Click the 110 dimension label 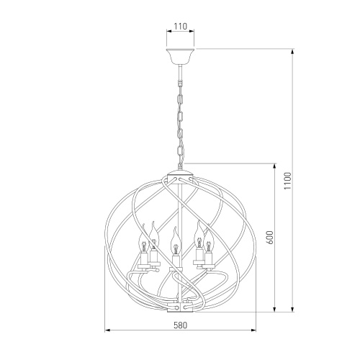click(180, 27)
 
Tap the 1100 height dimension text click(287, 181)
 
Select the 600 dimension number click(270, 238)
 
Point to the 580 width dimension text click(180, 325)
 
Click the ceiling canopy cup click(180, 55)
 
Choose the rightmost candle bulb click(209, 240)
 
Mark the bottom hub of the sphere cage click(180, 307)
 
